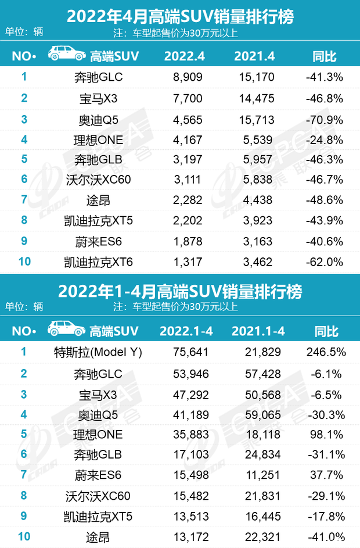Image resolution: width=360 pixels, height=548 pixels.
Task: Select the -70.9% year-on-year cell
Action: pyautogui.click(x=325, y=117)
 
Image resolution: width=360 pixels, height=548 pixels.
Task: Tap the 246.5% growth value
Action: pyautogui.click(x=325, y=352)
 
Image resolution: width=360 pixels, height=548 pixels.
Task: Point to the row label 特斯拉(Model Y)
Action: pyautogui.click(x=97, y=352)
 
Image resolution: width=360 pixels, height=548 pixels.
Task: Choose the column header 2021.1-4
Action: pyautogui.click(x=257, y=331)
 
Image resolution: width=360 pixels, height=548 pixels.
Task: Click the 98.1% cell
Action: pyautogui.click(x=325, y=435)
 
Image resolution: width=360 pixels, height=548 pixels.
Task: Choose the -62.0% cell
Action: pyautogui.click(x=325, y=262)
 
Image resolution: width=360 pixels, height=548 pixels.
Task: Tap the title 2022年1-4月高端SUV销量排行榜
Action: pyautogui.click(x=180, y=291)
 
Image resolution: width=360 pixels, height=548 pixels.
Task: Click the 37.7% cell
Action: pyautogui.click(x=325, y=477)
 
